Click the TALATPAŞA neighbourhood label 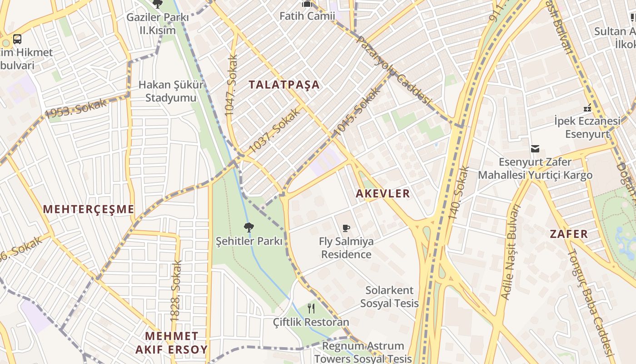coord(284,85)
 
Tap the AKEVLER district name coord(383,193)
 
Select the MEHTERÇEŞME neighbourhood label coord(89,209)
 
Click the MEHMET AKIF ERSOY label coord(171,343)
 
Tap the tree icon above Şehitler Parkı coord(248,227)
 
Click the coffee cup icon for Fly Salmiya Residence coord(346,228)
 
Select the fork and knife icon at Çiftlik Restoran coord(311,308)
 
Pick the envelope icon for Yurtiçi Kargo coord(535,148)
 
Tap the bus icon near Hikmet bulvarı coord(17,39)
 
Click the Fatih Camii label coord(307,16)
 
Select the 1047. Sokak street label coord(231,85)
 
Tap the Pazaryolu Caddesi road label coord(393,71)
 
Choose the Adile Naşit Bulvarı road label coord(510,252)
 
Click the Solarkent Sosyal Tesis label coord(389,297)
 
